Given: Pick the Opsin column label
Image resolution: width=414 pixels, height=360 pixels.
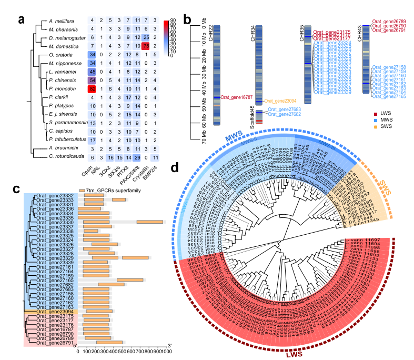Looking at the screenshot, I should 88,173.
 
